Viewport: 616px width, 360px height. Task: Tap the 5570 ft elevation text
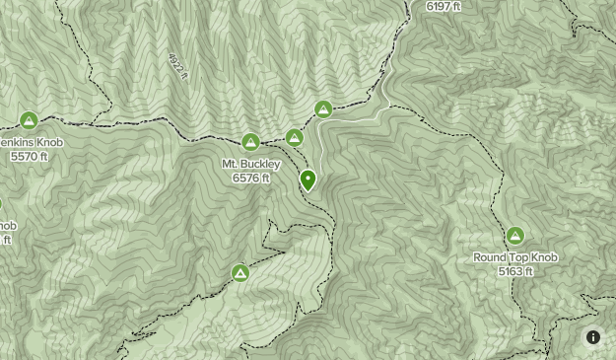click(29, 156)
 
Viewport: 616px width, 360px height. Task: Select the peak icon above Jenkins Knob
click(30, 121)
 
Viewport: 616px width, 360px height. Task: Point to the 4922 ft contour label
click(176, 66)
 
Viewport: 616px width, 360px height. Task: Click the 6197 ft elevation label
click(445, 6)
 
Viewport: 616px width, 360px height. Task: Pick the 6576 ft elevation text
click(251, 179)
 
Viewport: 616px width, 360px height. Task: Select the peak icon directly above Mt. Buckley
click(250, 142)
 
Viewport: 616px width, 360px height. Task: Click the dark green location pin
click(308, 180)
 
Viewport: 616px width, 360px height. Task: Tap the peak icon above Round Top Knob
click(514, 237)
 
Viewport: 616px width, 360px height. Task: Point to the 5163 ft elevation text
click(514, 271)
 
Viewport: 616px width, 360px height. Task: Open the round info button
click(593, 336)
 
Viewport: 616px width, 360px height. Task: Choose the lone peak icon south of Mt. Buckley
click(240, 273)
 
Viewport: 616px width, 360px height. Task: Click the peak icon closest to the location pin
click(294, 137)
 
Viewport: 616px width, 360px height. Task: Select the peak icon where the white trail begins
click(323, 109)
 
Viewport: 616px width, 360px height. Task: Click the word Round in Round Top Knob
click(490, 257)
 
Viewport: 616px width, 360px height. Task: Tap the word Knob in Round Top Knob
click(543, 257)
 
